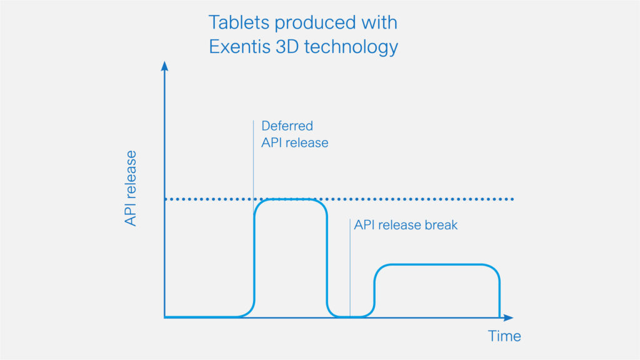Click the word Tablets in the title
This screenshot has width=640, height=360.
pos(239,22)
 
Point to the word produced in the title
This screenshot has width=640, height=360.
pos(316,23)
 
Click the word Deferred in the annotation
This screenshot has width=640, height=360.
pos(287,126)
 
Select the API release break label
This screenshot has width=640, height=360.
pos(406,225)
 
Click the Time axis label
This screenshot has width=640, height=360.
pos(504,336)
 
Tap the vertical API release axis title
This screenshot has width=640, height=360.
pos(131,188)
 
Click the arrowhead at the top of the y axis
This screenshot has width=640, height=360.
pos(164,66)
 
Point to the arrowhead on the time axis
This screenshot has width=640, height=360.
pos(508,317)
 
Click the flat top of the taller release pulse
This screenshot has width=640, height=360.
pos(290,199)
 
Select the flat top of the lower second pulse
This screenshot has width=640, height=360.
pos(437,265)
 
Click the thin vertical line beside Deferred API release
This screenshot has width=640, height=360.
pos(254,160)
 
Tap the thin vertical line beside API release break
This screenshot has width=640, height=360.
pos(350,267)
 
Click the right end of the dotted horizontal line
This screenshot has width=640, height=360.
pos(512,199)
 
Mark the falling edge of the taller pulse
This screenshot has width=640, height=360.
pos(327,258)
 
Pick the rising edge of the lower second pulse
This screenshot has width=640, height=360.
pos(375,291)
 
